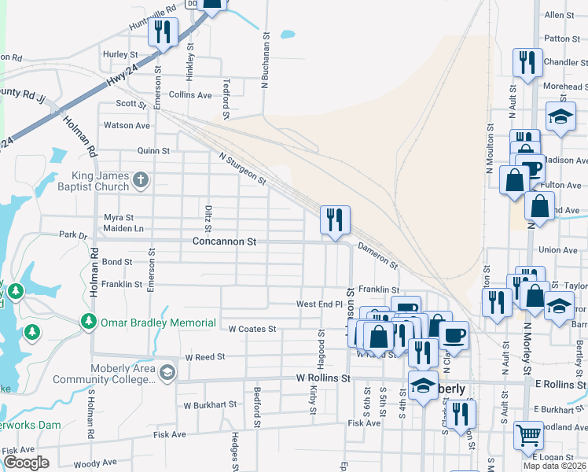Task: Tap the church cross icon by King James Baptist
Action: (141, 181)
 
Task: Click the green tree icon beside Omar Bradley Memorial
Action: (87, 323)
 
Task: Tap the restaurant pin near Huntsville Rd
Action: (163, 32)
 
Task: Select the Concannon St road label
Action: (225, 242)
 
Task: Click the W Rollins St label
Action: (323, 378)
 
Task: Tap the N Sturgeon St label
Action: (243, 168)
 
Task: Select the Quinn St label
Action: (153, 150)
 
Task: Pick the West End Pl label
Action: (319, 304)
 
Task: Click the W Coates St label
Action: (252, 329)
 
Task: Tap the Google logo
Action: (26, 463)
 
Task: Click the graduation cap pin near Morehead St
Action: (561, 116)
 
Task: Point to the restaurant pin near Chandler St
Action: (527, 62)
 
